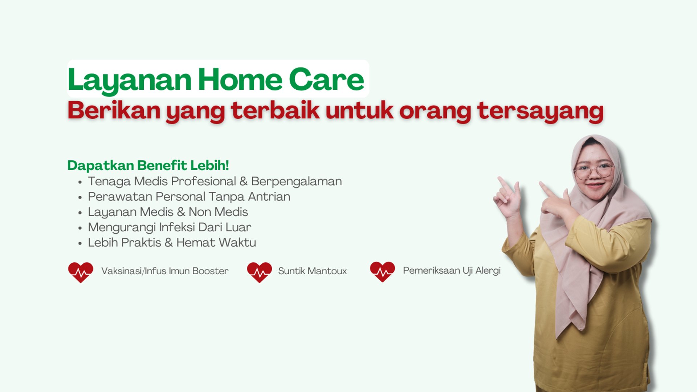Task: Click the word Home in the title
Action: coord(240,79)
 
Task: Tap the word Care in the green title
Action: coord(326,79)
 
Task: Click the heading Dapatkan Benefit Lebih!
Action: coord(148,165)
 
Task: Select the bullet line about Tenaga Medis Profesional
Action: coord(215,181)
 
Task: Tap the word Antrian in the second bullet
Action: coord(269,197)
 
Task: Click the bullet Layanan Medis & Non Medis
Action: coord(168,212)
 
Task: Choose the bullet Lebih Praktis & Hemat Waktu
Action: coord(172,242)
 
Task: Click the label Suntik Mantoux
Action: coord(313,271)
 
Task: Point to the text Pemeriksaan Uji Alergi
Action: coord(452,271)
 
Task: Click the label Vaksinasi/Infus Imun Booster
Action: coord(165,271)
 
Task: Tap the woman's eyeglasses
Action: coord(594,171)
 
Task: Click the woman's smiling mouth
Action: coord(595,185)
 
